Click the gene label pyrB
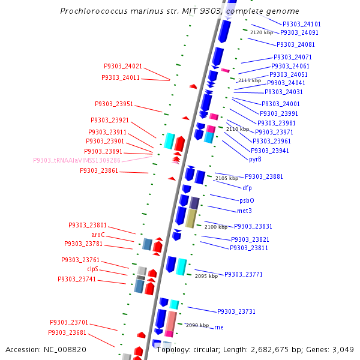(256, 159)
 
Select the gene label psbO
(247, 200)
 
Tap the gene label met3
(244, 211)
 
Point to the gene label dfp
(247, 188)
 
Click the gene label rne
(219, 327)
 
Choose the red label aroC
(98, 235)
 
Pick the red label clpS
(93, 269)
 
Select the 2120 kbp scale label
(262, 32)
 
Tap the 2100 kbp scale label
(216, 227)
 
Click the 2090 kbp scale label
(197, 325)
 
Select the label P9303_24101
(302, 24)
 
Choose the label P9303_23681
(68, 332)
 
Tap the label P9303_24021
(123, 66)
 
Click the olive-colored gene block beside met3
(191, 218)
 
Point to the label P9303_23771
(244, 274)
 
